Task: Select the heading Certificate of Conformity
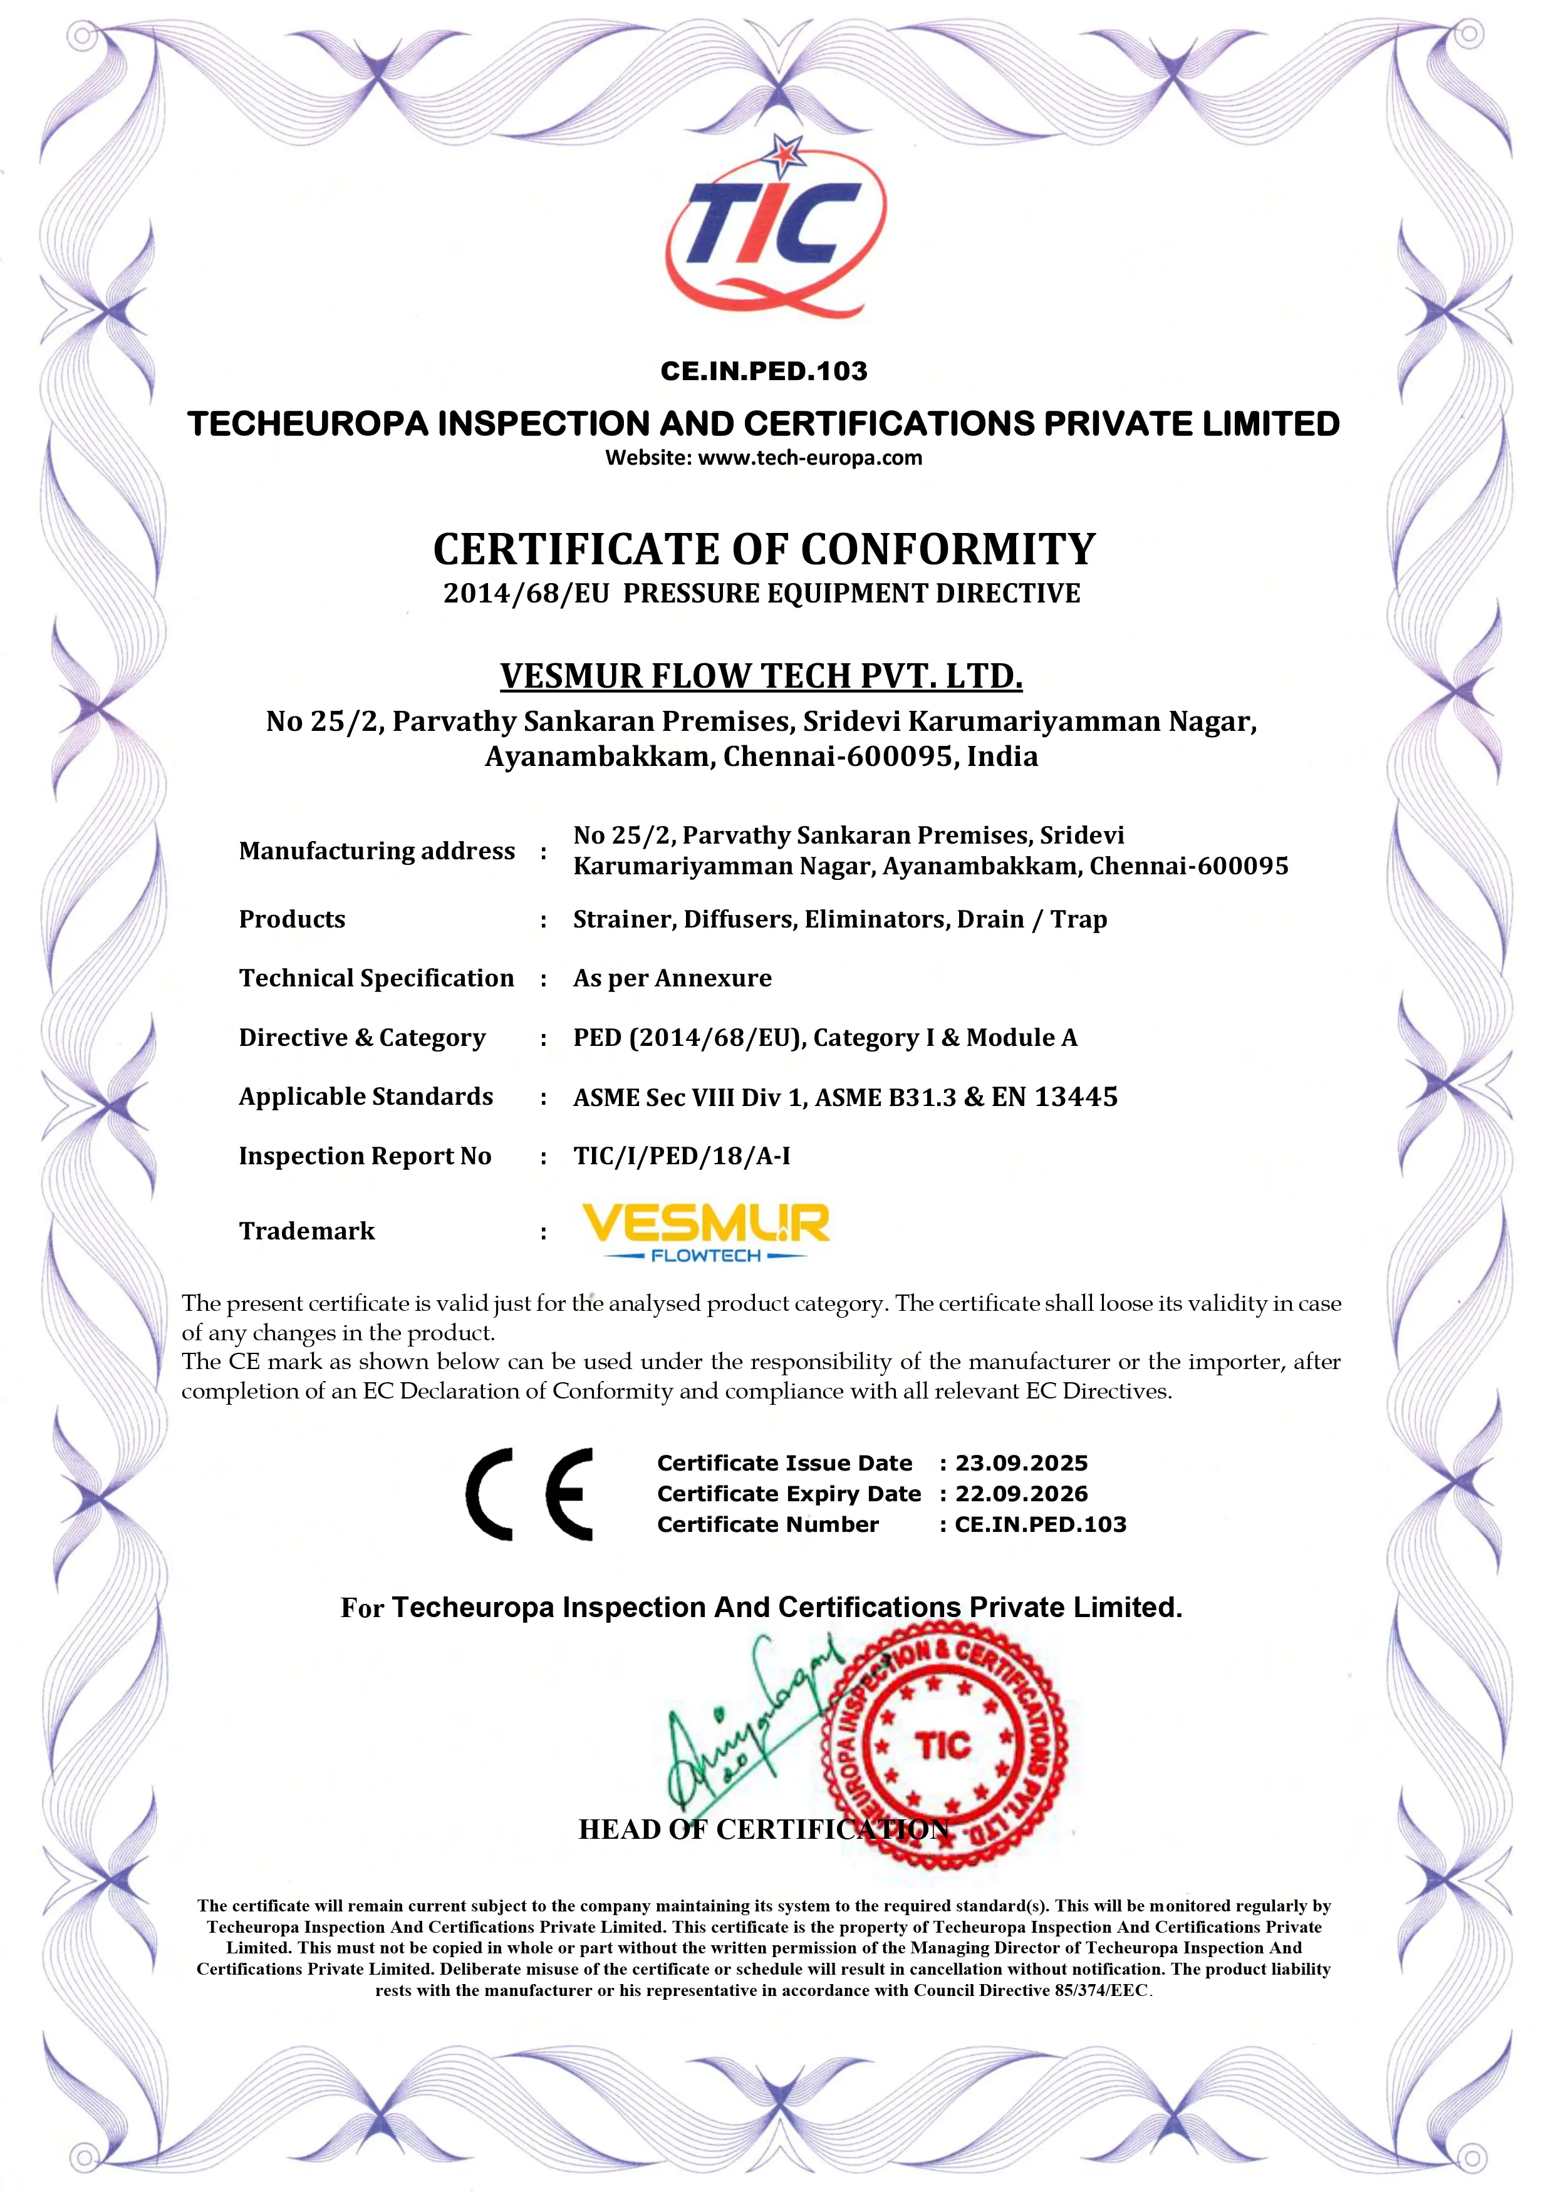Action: pos(764,550)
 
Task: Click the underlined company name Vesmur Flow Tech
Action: pos(761,676)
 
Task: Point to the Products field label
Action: pos(292,919)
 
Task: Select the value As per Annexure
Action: pos(672,978)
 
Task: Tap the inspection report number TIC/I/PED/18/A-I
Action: pos(682,1156)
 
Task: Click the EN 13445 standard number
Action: pos(1054,1097)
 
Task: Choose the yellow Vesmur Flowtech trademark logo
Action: pos(706,1231)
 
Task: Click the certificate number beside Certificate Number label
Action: pos(1040,1524)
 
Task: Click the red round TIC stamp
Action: pos(945,1747)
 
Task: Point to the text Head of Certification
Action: pos(764,1829)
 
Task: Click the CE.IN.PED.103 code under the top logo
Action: pos(764,371)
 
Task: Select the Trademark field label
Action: pos(306,1231)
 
